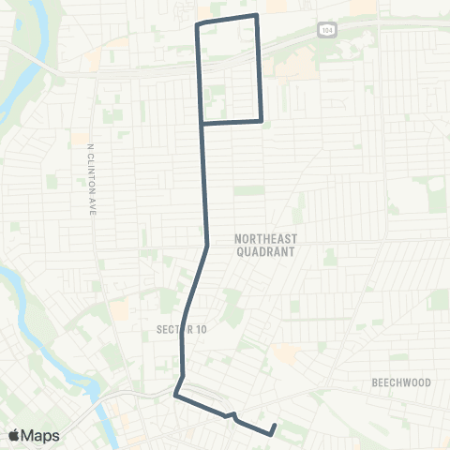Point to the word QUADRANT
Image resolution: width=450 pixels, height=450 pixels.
coord(263,252)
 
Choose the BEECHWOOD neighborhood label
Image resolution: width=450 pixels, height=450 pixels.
coord(400,382)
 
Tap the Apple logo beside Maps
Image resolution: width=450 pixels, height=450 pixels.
coord(15,435)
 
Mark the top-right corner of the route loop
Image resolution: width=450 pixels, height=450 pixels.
coord(257,16)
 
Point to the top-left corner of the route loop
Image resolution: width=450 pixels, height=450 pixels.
coord(196,24)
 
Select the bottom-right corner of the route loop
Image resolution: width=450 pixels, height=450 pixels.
coord(261,121)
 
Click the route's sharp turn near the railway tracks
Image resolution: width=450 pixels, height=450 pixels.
coord(175,396)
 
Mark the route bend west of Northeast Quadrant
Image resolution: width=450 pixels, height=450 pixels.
coord(207,246)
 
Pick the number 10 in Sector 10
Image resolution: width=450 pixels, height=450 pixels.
coord(198,329)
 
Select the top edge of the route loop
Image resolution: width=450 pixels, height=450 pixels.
coord(227,20)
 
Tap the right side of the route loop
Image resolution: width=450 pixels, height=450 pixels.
coord(259,70)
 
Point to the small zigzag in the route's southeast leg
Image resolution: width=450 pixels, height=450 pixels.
coord(231,415)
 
